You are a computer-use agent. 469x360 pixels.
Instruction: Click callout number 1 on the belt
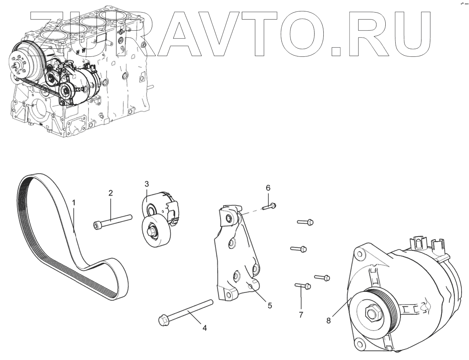(x=74, y=202)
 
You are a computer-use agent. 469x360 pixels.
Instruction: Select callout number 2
(x=110, y=193)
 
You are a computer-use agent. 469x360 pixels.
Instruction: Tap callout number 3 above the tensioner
(x=146, y=184)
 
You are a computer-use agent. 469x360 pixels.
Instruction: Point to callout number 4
(x=204, y=328)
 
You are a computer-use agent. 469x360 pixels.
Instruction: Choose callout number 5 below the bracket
(x=270, y=305)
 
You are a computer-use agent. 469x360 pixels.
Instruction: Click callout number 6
(x=268, y=187)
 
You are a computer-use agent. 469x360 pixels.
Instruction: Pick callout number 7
(x=300, y=315)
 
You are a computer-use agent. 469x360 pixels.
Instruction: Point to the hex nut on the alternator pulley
(x=371, y=313)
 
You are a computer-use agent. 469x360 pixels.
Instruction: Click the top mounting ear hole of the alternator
(x=358, y=253)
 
